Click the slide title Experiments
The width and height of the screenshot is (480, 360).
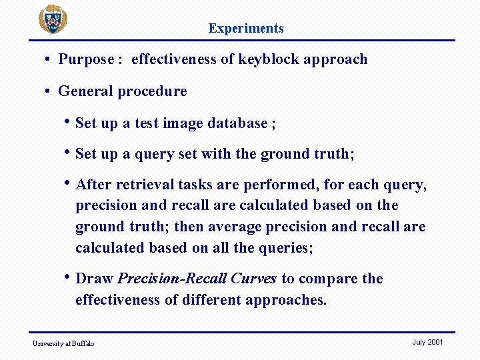(246, 28)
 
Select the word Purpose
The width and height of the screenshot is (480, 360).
(86, 59)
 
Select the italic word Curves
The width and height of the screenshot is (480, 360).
(253, 279)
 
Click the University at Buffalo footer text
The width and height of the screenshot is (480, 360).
(63, 343)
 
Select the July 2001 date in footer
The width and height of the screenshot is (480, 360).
(427, 342)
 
